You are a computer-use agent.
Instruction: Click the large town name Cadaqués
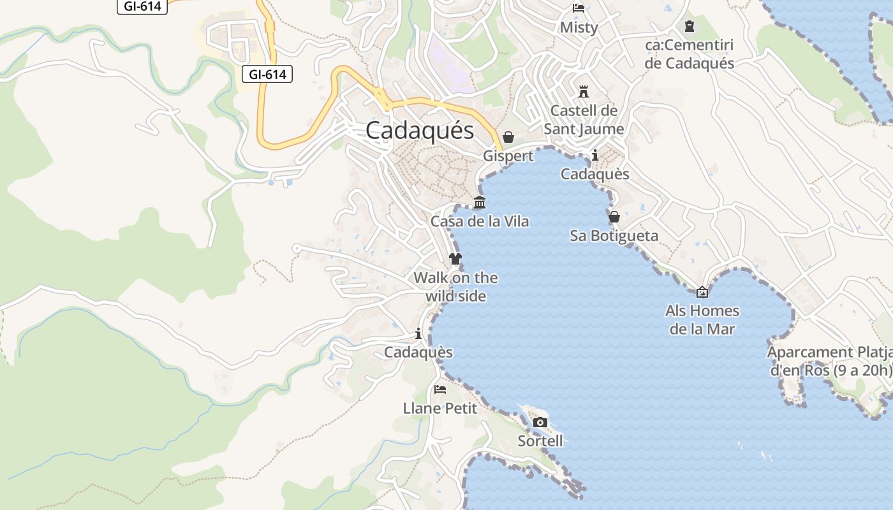[x=420, y=130]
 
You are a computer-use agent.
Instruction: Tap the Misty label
[x=579, y=27]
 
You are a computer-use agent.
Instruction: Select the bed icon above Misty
[x=579, y=8]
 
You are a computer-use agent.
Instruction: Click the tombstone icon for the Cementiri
[x=689, y=26]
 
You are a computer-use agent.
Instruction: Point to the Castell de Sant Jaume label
[x=584, y=120]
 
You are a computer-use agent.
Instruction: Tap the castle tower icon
[x=583, y=91]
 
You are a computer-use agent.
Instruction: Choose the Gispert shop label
[x=508, y=156]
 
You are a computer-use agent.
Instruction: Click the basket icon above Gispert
[x=508, y=137]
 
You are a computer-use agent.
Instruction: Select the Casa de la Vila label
[x=480, y=222]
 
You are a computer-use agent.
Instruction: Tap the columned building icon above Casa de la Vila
[x=480, y=203]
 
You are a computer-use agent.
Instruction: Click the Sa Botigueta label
[x=614, y=236]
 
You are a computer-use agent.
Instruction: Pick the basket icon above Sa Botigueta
[x=614, y=217]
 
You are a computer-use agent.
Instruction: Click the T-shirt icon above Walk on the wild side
[x=455, y=259]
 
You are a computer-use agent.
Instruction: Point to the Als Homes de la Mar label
[x=702, y=320]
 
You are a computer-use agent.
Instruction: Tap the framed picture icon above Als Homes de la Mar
[x=702, y=292]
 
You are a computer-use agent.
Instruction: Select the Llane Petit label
[x=440, y=408]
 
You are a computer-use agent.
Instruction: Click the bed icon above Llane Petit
[x=440, y=389]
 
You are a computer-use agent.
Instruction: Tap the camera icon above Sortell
[x=540, y=422]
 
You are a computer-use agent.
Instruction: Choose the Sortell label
[x=540, y=441]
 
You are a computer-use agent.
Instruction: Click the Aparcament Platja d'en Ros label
[x=829, y=361]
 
